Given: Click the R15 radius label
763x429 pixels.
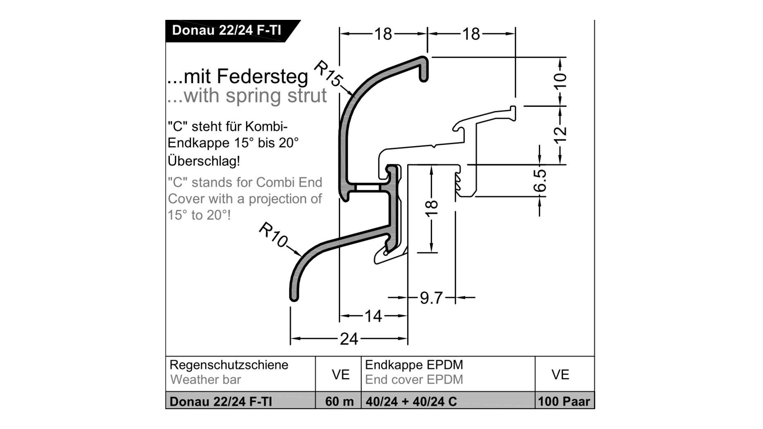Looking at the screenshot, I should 327,73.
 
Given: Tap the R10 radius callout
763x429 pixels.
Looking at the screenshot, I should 273,235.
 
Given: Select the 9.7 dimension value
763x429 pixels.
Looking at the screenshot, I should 431,298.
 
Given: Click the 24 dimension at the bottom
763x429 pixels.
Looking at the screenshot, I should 349,339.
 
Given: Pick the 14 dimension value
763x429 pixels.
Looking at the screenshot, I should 373,316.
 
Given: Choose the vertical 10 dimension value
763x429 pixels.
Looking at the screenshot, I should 560,81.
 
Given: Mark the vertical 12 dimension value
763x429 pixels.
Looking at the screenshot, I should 560,135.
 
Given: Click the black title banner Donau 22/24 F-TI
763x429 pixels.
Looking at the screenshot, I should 227,31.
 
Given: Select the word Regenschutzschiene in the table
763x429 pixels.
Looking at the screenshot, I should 229,365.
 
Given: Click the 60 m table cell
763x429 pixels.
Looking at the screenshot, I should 339,402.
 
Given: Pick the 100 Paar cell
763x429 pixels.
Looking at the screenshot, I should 564,402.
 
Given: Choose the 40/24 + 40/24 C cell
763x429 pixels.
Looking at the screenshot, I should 411,402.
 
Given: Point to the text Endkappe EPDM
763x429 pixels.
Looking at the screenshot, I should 414,365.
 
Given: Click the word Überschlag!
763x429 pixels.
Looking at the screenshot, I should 204,161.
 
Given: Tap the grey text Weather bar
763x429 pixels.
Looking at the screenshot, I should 205,380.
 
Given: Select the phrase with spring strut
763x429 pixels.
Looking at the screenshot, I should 255,96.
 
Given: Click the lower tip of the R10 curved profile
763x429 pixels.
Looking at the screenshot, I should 294,297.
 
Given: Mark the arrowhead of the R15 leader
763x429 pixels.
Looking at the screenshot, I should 354,95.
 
